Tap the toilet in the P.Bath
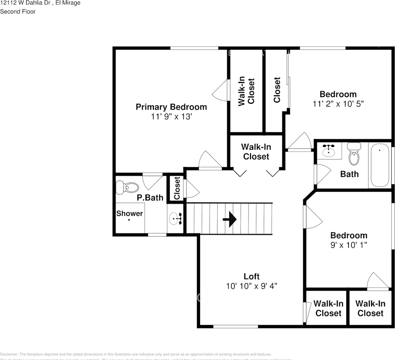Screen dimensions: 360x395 (x=127, y=187)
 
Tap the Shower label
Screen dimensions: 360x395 (x=129, y=213)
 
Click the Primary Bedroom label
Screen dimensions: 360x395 (x=171, y=107)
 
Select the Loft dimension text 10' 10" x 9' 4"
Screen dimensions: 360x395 (x=251, y=286)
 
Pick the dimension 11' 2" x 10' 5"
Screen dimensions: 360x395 (x=338, y=104)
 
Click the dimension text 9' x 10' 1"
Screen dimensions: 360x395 (x=349, y=245)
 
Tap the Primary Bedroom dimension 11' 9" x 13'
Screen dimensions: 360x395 (x=171, y=117)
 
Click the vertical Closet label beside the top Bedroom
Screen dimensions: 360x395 (x=277, y=90)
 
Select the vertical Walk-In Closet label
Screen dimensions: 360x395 (x=246, y=91)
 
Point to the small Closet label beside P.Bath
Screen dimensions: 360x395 (x=177, y=188)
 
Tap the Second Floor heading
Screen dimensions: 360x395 (x=18, y=12)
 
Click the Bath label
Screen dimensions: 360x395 (x=349, y=174)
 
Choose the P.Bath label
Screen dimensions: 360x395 (x=150, y=198)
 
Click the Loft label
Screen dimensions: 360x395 (x=251, y=276)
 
